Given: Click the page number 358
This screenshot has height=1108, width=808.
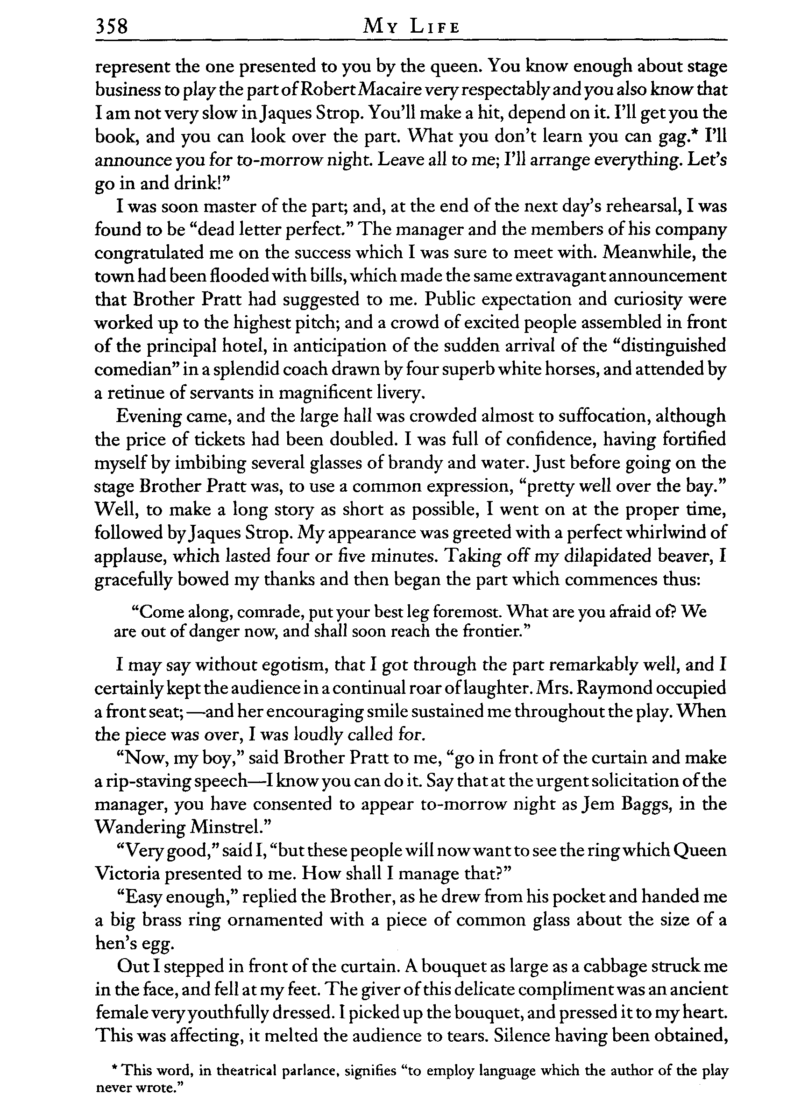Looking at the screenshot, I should tap(112, 25).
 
